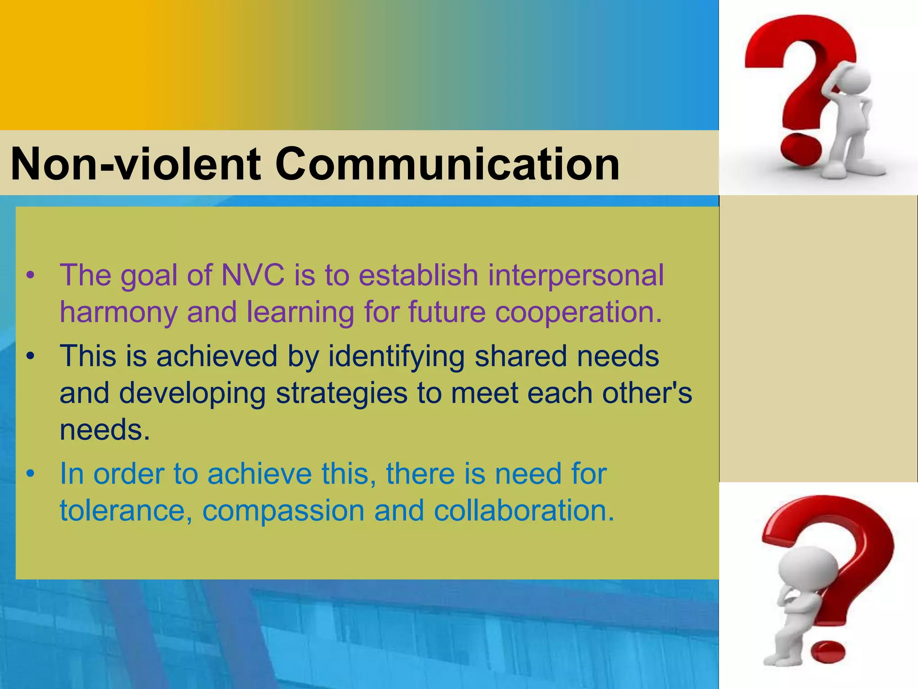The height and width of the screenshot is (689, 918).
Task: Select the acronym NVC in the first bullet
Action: click(x=253, y=275)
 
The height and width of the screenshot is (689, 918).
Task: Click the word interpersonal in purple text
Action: click(x=576, y=275)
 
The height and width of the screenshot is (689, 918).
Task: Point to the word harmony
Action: click(x=118, y=313)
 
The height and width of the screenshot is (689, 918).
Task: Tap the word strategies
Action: click(x=341, y=393)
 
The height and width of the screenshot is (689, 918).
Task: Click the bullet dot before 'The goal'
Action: click(x=30, y=275)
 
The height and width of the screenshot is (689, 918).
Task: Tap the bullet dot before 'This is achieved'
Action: click(x=30, y=357)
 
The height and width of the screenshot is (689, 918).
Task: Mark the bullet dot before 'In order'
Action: click(x=30, y=474)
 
